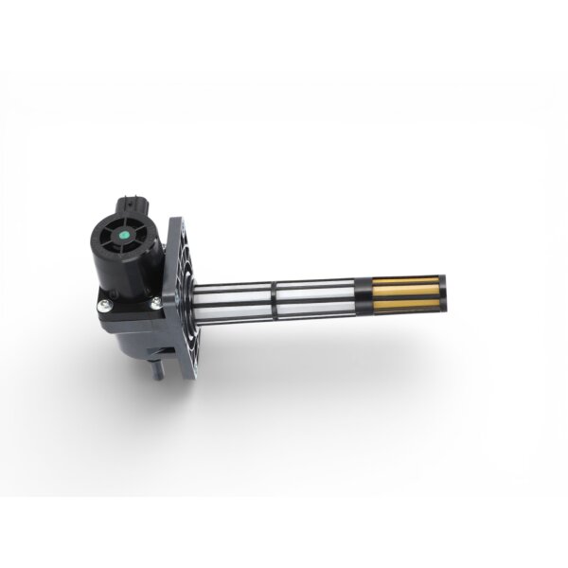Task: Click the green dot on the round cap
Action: click(125, 234)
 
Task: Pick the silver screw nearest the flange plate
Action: click(153, 303)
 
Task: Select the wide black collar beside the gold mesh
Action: click(364, 293)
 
